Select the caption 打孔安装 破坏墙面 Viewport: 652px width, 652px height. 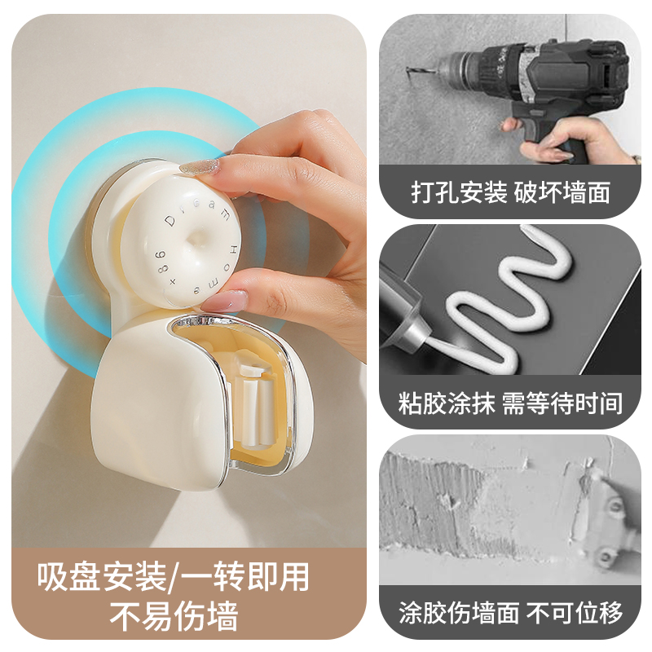(511, 194)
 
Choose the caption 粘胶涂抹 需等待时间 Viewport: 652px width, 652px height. (511, 402)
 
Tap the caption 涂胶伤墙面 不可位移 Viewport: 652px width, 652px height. (511, 611)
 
